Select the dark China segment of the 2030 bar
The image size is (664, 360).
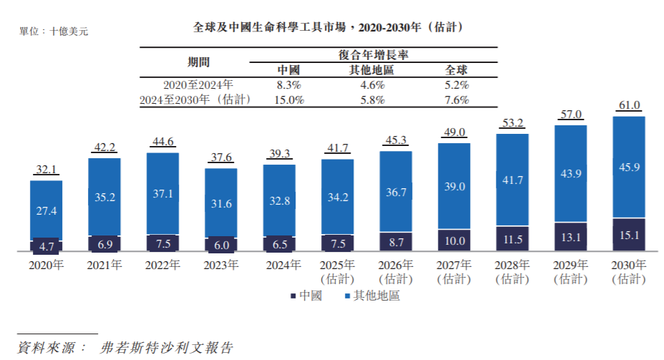[x=629, y=234]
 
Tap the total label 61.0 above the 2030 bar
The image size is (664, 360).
[x=629, y=106]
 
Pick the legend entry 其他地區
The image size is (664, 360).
[x=371, y=296]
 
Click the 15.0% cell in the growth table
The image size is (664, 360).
[x=289, y=100]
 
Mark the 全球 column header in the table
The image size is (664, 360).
[x=456, y=70]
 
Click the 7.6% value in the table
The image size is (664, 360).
[x=456, y=100]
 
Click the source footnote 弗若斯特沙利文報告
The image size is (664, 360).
[x=167, y=348]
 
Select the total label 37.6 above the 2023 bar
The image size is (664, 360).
[x=221, y=158]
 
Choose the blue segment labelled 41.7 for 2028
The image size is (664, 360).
[x=512, y=180]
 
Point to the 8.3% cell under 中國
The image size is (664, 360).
[x=289, y=85]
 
